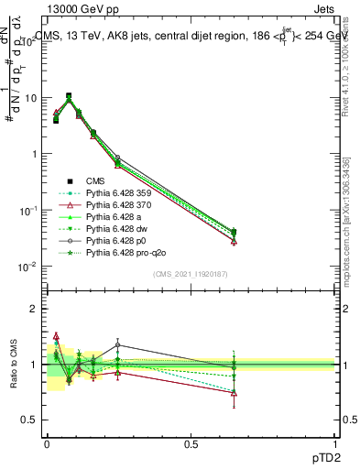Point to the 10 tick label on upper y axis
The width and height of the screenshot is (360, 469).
[x=31, y=98]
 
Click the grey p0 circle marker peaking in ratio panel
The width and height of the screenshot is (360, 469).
[x=118, y=345]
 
